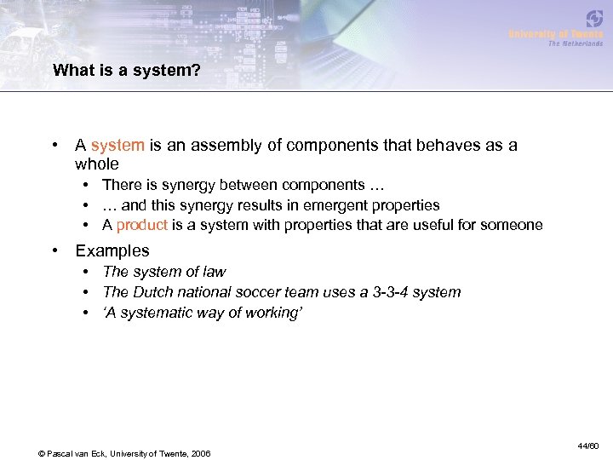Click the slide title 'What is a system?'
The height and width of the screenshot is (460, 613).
tap(127, 71)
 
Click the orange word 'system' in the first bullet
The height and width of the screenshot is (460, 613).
tap(117, 146)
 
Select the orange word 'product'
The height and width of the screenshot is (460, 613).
tap(141, 226)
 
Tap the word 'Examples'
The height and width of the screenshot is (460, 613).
tap(112, 251)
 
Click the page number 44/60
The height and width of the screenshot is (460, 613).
tap(588, 446)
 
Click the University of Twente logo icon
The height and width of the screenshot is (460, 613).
tap(594, 19)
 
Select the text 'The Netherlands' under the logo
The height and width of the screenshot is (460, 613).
tap(575, 43)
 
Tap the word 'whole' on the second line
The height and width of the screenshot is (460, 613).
tap(97, 164)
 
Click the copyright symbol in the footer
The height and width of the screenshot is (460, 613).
tap(42, 452)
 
